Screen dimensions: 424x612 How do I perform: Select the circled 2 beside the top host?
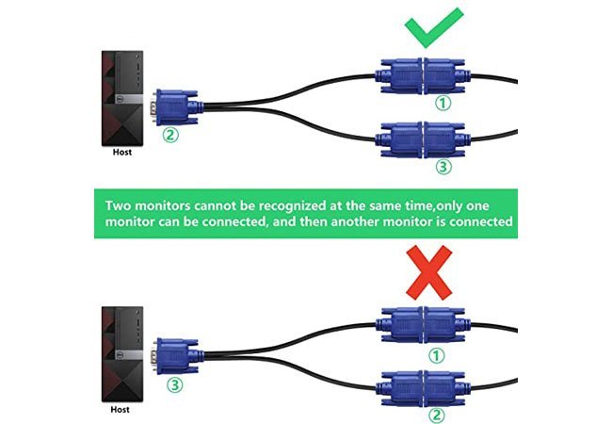(169, 134)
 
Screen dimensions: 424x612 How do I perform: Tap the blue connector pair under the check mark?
(422, 73)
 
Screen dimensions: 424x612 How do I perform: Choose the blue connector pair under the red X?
(424, 325)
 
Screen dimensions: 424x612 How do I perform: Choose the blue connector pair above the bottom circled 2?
(424, 386)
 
